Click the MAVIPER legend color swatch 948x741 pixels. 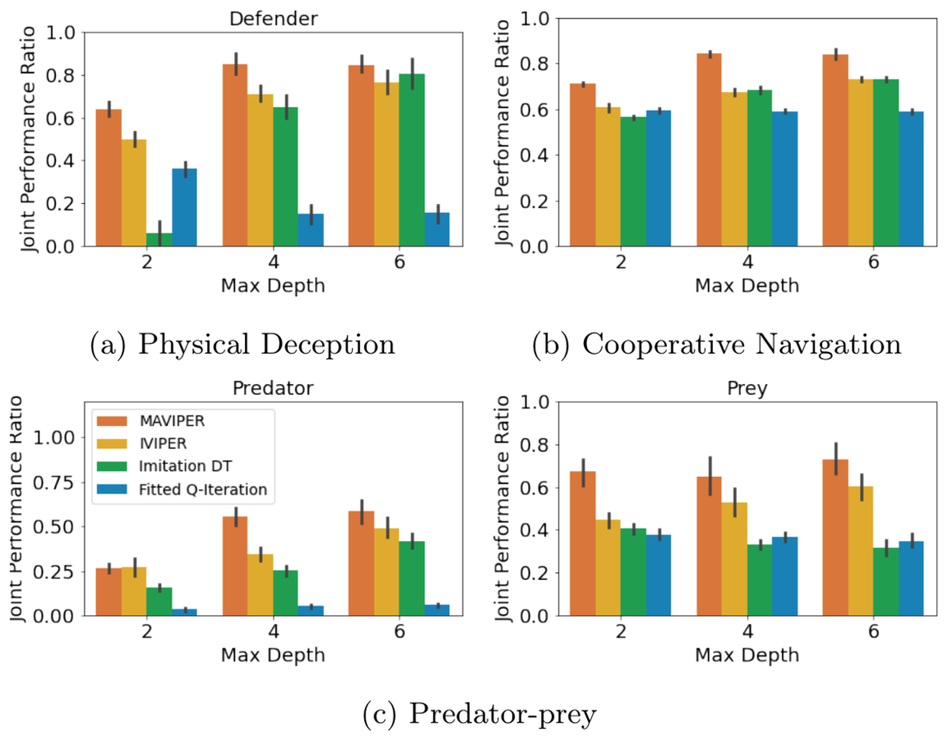click(112, 421)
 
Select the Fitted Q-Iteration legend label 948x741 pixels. click(202, 490)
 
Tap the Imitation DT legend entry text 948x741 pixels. click(185, 466)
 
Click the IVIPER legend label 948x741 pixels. click(163, 444)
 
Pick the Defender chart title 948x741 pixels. click(273, 18)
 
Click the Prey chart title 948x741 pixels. click(747, 388)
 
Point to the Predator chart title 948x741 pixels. click(273, 388)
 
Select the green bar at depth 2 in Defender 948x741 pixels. click(159, 239)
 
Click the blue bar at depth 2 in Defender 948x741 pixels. click(184, 207)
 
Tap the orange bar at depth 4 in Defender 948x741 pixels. click(235, 155)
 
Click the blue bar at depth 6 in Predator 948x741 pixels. click(437, 610)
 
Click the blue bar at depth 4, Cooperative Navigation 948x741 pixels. click(784, 179)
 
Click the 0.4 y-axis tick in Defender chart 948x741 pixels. click(60, 161)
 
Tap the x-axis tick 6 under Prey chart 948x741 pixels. click(874, 631)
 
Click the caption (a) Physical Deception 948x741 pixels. click(242, 344)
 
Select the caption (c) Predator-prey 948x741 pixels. click(479, 714)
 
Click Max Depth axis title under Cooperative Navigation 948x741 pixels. click(747, 286)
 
